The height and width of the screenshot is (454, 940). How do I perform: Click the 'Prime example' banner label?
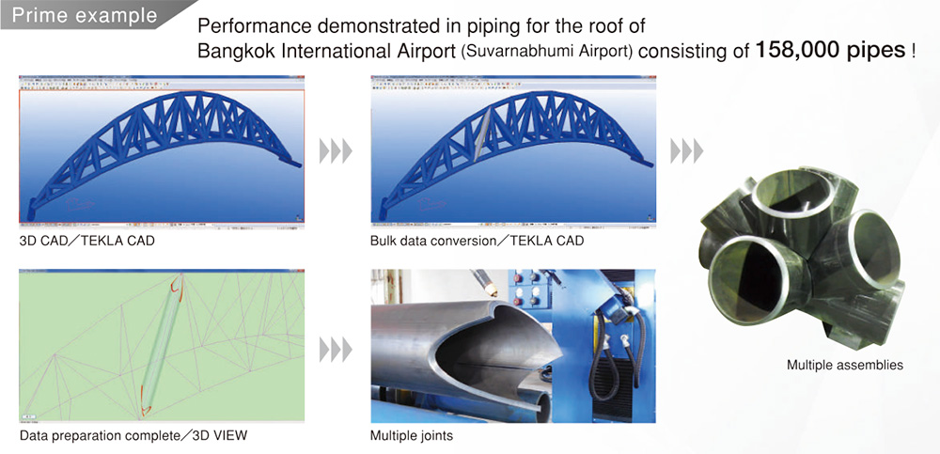point(84,15)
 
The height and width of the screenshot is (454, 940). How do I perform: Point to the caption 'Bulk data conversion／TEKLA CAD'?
point(478,243)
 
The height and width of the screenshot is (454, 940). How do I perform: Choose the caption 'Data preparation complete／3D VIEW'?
point(133,436)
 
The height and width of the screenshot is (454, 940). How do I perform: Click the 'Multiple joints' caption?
point(412,436)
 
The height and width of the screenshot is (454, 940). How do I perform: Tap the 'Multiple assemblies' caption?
point(845,365)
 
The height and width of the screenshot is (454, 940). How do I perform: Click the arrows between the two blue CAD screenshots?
point(336,150)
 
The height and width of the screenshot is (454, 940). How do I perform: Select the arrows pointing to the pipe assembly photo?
point(687,150)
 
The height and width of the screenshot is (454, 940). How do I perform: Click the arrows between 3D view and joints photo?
point(336,350)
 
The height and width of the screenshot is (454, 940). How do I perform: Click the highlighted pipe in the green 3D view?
point(160,346)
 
